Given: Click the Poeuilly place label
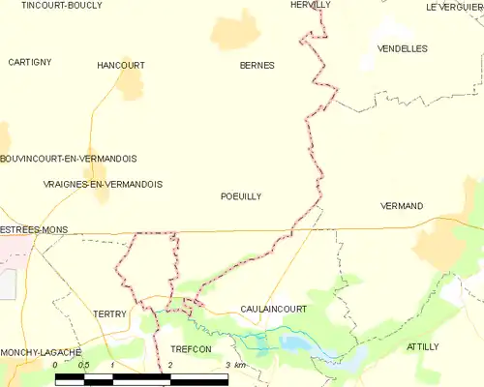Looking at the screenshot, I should click(241, 195).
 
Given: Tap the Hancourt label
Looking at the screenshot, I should click(121, 65).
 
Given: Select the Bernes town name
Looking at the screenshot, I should click(257, 65).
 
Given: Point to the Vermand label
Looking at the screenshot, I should click(402, 206).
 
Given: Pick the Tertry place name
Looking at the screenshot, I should click(110, 314).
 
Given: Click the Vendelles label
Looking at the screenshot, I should click(403, 47).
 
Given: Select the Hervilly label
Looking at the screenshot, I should click(311, 5).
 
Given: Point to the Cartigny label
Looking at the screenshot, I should click(29, 62).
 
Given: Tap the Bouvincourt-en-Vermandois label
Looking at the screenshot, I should click(68, 158).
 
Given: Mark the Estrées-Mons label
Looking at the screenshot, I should click(33, 229).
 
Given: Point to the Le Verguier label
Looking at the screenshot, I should click(454, 7).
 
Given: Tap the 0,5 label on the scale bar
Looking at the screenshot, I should click(84, 365).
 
